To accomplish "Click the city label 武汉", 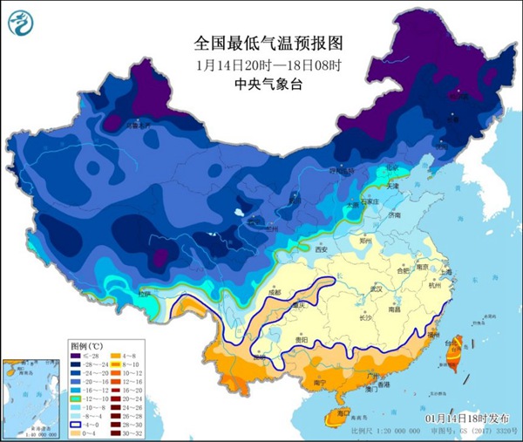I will (x=377, y=287).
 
